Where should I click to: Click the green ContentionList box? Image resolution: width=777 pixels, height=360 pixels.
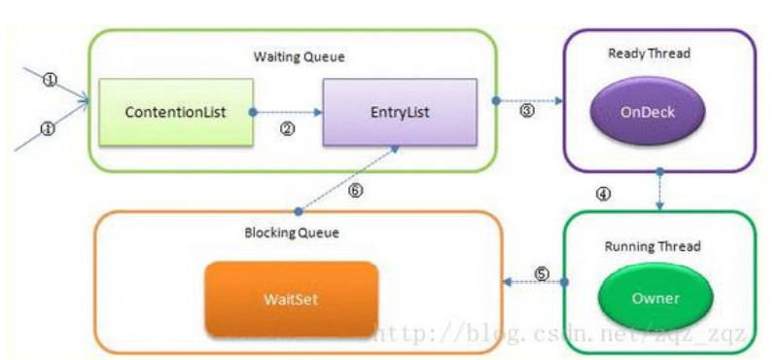tap(175, 112)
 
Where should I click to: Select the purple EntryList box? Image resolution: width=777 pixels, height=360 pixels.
tap(400, 112)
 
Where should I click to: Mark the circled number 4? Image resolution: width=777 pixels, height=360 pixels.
tap(603, 193)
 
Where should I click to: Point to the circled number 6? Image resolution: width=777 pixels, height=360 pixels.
tap(355, 192)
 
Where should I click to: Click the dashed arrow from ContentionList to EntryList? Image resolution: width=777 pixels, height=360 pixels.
tap(287, 112)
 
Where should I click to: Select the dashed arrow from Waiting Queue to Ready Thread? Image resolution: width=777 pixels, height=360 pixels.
tap(529, 99)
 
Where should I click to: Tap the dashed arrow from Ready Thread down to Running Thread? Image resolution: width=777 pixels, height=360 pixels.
tap(660, 190)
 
